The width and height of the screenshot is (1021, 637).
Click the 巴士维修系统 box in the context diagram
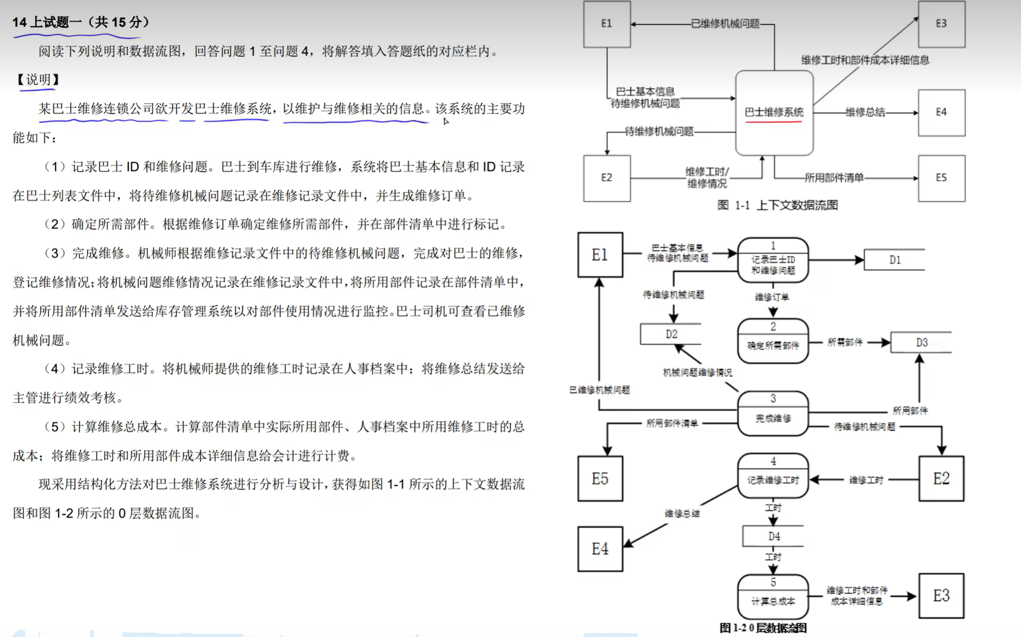[x=774, y=112]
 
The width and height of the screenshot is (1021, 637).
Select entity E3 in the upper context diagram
[x=941, y=24]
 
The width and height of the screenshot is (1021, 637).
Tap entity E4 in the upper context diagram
[x=941, y=112]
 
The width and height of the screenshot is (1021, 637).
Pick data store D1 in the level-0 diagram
[x=894, y=260]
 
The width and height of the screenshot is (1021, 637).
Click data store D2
[x=671, y=334]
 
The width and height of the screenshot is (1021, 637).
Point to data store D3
[x=921, y=343]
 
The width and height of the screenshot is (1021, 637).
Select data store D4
[x=773, y=536]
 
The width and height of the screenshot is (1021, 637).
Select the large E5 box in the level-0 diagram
[x=600, y=479]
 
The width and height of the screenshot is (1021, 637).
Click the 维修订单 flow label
[x=771, y=297]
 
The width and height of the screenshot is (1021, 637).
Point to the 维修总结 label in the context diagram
[x=864, y=112]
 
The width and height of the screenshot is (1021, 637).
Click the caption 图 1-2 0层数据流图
[x=763, y=628]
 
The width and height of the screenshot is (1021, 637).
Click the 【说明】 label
[x=38, y=80]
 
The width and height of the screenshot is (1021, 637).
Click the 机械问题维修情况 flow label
[x=697, y=373]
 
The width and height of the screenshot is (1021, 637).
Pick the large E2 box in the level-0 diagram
[x=941, y=479]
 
